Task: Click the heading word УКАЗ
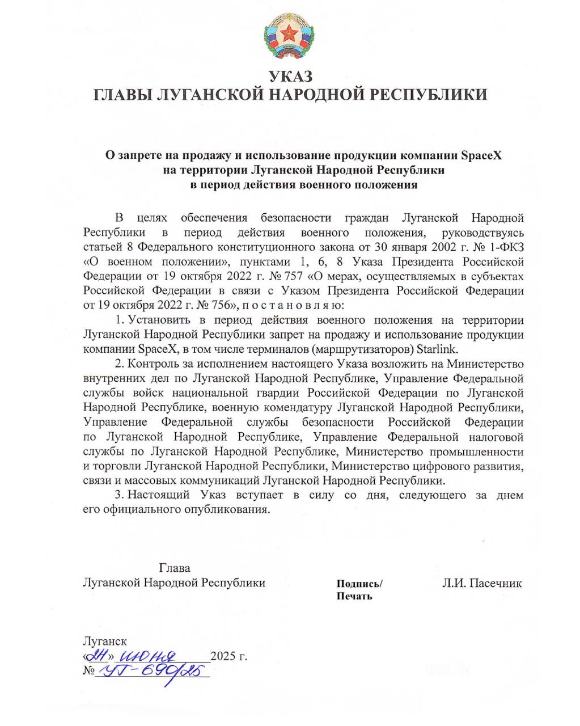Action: click(290, 76)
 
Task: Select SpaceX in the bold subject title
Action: click(481, 155)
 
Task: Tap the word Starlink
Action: click(438, 348)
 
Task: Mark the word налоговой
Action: click(496, 437)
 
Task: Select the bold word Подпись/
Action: click(359, 584)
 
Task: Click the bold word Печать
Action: click(354, 596)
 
